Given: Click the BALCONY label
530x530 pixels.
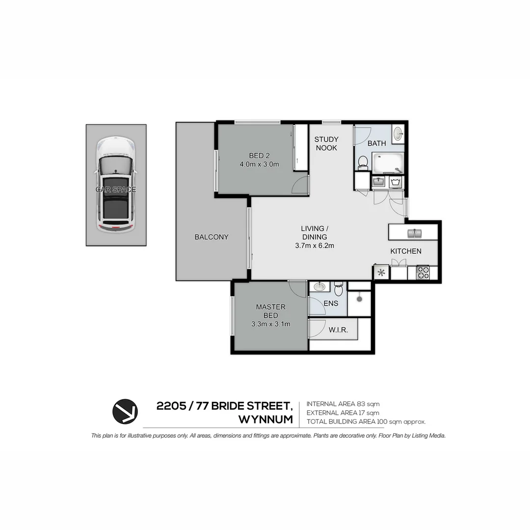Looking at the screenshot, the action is point(212,237).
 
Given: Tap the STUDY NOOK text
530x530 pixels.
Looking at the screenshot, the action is point(326,143).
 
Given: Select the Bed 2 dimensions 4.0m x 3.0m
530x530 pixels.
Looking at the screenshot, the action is point(259,164).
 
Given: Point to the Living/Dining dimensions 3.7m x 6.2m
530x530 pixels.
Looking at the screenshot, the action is point(315,246).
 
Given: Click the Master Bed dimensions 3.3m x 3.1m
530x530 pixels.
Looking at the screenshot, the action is point(271,324).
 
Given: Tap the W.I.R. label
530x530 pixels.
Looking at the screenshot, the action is point(338,330).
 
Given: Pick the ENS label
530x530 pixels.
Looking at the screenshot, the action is point(331,303).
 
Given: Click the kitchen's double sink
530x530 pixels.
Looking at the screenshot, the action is point(414,233).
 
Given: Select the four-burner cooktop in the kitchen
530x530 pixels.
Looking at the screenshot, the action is point(423,272).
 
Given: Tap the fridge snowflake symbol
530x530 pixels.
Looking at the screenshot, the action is point(381,272).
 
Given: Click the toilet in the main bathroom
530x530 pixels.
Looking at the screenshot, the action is point(363,162).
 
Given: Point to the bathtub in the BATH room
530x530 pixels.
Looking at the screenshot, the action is point(388,163).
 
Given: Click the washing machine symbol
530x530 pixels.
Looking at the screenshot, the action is point(396,183).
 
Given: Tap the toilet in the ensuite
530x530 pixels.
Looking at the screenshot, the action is point(338,289).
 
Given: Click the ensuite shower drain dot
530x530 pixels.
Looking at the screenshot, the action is point(359,299).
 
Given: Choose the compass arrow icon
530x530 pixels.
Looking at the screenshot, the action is point(125,411).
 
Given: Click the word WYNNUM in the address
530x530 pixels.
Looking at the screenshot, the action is point(265,420).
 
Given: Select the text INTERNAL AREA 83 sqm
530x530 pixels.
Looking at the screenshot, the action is point(343,404).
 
